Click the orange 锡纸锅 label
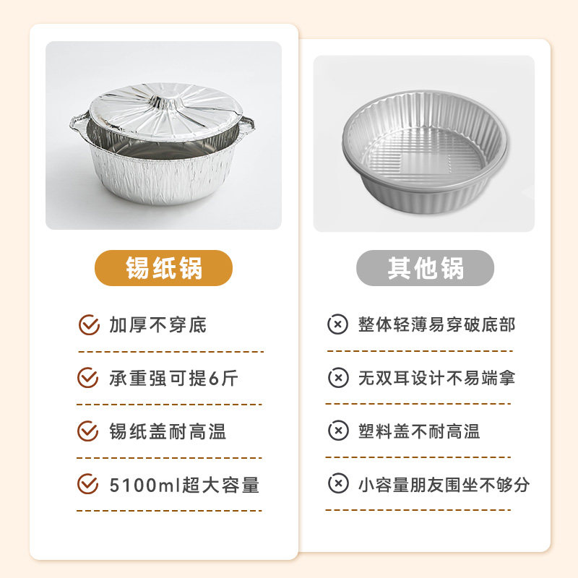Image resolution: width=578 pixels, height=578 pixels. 164,269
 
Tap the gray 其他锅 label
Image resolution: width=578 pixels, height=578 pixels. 425,269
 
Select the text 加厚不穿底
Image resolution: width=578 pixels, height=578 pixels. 158,325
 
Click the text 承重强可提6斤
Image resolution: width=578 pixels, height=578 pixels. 173,378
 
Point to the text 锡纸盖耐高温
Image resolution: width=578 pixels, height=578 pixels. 168,431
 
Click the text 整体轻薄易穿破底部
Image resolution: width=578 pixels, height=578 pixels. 436,325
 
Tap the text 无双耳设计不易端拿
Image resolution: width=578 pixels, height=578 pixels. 436,378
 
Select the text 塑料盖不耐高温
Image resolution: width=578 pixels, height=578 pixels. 419,431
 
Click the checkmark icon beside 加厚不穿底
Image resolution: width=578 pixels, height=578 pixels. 88,325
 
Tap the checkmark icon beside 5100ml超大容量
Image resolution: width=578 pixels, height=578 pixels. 88,484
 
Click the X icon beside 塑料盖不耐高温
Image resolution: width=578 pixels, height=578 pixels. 337,431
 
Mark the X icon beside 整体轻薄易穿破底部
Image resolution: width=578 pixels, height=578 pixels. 337,325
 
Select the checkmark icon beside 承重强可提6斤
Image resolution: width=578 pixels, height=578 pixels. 88,378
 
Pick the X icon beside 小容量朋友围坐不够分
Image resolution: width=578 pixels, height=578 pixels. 337,484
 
